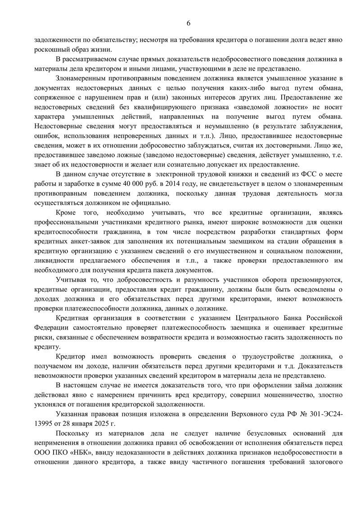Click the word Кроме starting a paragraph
pyautogui.click(x=67, y=212)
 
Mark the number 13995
pyautogui.click(x=45, y=423)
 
